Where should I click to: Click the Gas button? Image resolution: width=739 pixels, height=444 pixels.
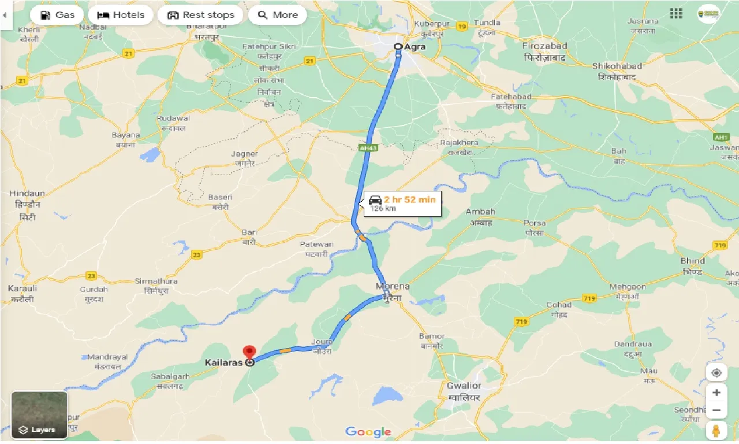(56, 15)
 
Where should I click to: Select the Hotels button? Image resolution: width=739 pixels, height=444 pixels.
(121, 15)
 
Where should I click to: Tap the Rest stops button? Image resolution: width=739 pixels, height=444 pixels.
(200, 15)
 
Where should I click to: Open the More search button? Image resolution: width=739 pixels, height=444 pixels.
(277, 15)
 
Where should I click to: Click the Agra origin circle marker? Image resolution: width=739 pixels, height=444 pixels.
(398, 47)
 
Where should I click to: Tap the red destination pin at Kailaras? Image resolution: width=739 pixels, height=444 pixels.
(249, 352)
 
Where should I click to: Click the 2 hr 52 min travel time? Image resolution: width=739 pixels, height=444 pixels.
(409, 199)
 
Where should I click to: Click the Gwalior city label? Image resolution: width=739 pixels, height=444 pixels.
(464, 386)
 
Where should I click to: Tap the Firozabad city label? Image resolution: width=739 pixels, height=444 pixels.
(545, 46)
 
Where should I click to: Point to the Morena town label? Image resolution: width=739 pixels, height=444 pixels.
(393, 286)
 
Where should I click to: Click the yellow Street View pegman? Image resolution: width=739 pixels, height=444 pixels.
(716, 431)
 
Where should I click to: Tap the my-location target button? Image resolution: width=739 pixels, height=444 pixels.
(716, 373)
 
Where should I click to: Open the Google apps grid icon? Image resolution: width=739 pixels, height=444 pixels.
(676, 13)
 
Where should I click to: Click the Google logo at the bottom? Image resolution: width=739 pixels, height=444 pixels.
(368, 432)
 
